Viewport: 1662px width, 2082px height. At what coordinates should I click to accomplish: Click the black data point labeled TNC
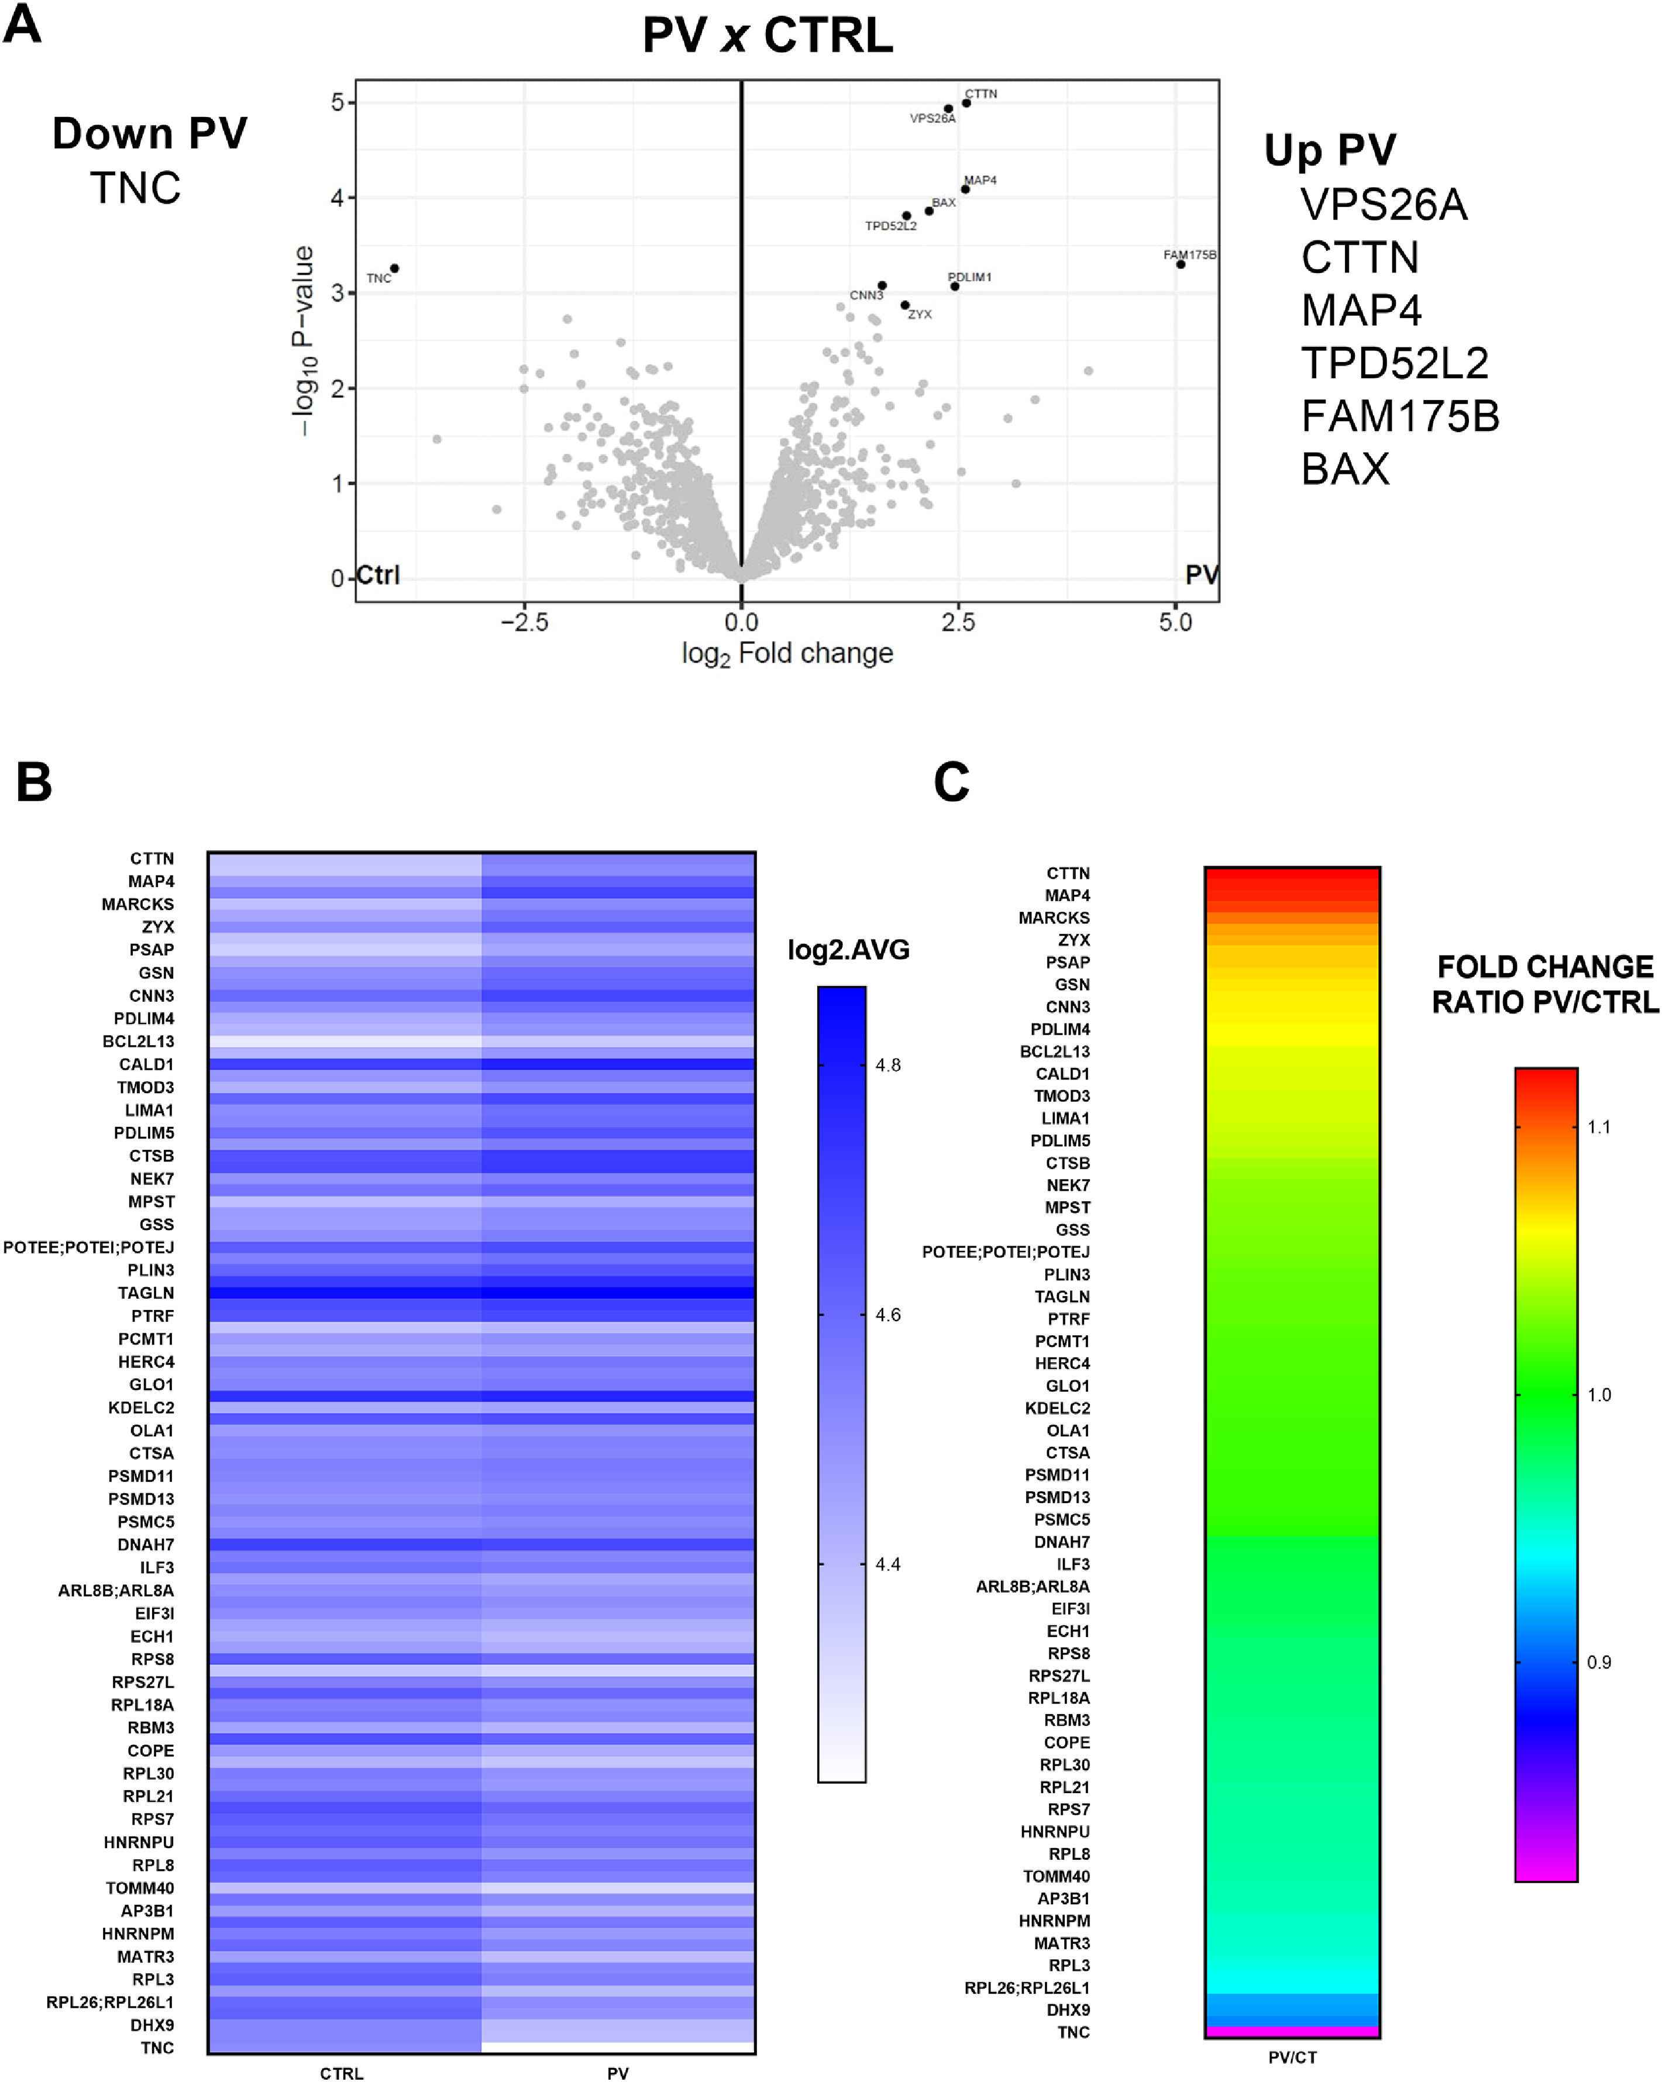click(x=394, y=268)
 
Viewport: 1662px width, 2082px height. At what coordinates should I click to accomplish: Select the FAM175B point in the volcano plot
click(x=1180, y=264)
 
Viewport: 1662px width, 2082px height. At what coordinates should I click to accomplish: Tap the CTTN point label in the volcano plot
click(x=980, y=94)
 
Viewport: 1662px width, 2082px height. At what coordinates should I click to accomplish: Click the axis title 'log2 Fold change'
click(x=787, y=654)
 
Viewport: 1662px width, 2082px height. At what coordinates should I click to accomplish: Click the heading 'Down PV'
click(x=150, y=133)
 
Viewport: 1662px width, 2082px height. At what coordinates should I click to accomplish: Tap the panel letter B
click(x=34, y=781)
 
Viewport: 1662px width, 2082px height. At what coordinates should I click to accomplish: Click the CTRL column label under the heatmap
click(x=342, y=2072)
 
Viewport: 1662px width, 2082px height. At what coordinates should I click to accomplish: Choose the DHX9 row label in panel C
click(x=1068, y=2009)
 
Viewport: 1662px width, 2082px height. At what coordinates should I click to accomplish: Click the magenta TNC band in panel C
click(x=1292, y=2032)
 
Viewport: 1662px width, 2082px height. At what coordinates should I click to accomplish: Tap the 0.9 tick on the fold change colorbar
click(x=1598, y=1662)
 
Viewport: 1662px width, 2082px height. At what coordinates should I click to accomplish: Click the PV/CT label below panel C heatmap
click(x=1292, y=2057)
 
